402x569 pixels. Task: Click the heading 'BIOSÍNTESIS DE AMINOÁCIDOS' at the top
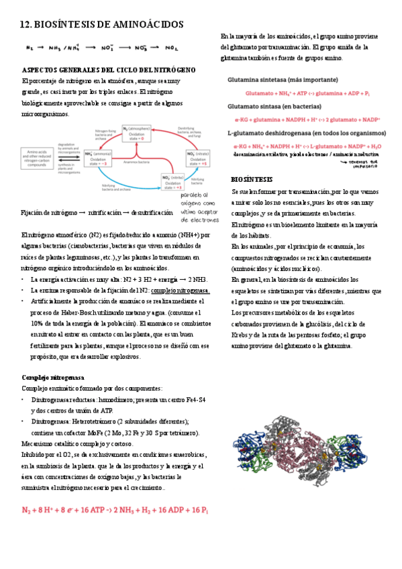(x=102, y=24)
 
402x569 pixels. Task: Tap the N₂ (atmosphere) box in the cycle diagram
(x=135, y=133)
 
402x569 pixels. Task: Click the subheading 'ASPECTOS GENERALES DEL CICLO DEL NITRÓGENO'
(x=109, y=70)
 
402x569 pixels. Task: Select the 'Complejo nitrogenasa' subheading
(x=53, y=377)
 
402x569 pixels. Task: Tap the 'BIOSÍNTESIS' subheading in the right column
(x=252, y=180)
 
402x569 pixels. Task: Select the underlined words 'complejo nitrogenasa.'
(x=181, y=290)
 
